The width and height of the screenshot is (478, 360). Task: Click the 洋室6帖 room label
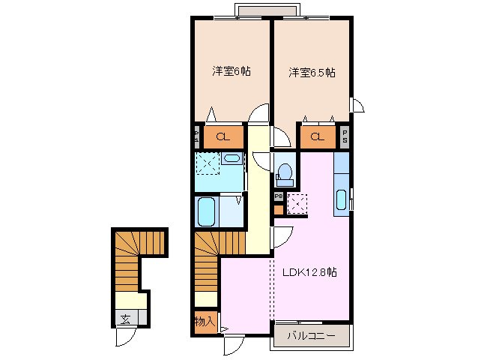click(x=231, y=72)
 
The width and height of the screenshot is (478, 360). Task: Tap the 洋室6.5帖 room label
click(x=312, y=73)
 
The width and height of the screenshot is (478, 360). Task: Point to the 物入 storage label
click(x=204, y=322)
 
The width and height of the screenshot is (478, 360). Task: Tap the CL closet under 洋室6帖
click(x=223, y=136)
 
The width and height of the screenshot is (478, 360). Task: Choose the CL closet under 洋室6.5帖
click(x=318, y=136)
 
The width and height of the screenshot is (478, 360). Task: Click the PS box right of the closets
click(x=345, y=136)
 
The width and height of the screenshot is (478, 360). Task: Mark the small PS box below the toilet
click(x=278, y=196)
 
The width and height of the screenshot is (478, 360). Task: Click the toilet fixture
click(x=284, y=172)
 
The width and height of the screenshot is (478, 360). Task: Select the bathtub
click(x=206, y=211)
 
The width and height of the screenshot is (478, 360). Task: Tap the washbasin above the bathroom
click(x=232, y=158)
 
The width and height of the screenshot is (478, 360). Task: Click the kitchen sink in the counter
click(x=342, y=200)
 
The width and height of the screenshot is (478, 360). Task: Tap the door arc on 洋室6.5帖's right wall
click(x=358, y=104)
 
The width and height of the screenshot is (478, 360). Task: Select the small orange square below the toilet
click(x=279, y=209)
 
